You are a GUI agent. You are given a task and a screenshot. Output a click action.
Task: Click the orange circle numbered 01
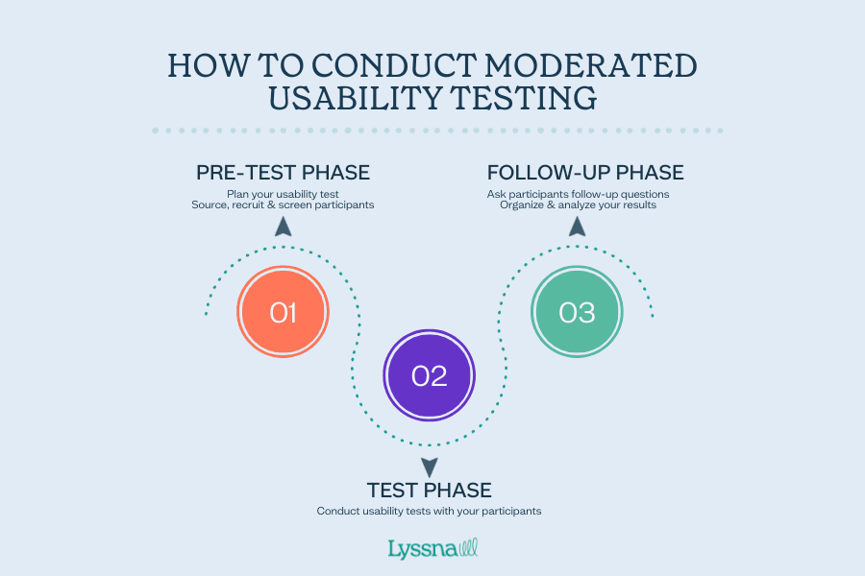click(283, 312)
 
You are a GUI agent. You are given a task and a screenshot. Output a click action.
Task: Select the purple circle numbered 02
click(430, 375)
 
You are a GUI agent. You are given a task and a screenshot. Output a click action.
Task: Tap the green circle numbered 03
click(577, 312)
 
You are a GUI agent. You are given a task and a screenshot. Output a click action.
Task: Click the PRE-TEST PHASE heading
click(284, 173)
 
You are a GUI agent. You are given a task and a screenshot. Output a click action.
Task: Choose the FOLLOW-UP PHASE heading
click(585, 173)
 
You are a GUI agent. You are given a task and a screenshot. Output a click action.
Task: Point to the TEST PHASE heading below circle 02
click(430, 490)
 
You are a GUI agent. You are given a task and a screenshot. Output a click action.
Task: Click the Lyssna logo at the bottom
click(432, 549)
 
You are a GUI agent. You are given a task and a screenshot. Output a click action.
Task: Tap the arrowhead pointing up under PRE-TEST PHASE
click(283, 227)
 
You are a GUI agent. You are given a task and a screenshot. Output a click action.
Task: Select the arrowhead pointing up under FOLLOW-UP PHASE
click(577, 227)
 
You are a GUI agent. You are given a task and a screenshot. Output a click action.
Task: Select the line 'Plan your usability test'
click(283, 193)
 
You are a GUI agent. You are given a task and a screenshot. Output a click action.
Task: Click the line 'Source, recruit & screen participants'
click(283, 204)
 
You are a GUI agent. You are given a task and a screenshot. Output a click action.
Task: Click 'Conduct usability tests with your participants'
click(430, 511)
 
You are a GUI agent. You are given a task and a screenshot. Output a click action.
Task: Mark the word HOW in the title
click(204, 65)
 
